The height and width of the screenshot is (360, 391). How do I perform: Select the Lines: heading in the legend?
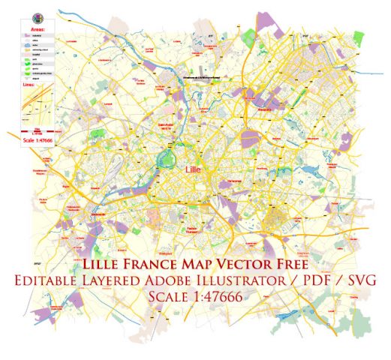pos(34,85)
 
